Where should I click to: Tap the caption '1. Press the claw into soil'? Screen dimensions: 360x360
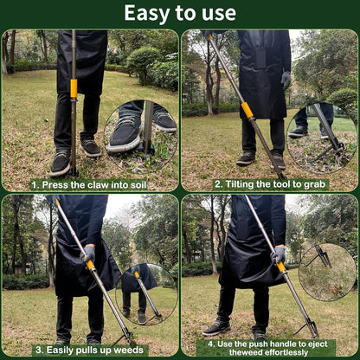(90, 184)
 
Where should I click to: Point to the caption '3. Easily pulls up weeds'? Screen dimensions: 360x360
(88, 350)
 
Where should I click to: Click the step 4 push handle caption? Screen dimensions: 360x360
(269, 346)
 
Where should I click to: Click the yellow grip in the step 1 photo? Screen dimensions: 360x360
(74, 87)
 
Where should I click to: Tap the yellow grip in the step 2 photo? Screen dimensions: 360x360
(247, 110)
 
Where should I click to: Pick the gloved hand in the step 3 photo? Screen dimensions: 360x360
(88, 253)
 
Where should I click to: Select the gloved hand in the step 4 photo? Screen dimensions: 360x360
(278, 254)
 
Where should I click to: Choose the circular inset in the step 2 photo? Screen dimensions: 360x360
(321, 137)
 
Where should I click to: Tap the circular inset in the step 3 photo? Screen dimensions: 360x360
(145, 293)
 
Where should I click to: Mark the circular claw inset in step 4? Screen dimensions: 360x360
(326, 271)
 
